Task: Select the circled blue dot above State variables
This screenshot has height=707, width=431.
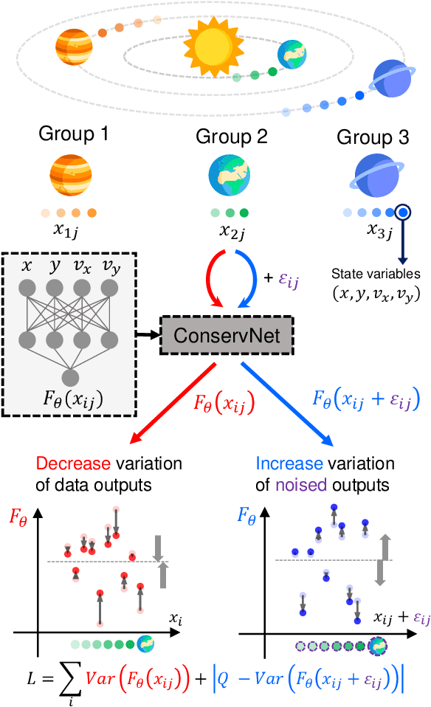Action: pyautogui.click(x=403, y=213)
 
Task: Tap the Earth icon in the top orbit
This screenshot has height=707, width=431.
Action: pyautogui.click(x=291, y=53)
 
